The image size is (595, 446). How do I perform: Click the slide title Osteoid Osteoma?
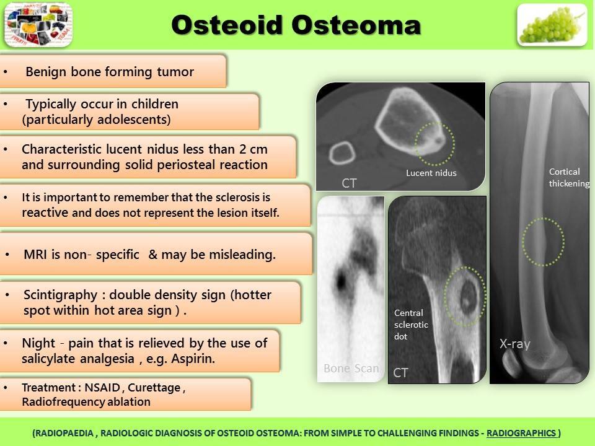point(296,25)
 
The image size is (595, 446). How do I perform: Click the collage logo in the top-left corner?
point(38,25)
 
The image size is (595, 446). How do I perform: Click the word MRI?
point(35,255)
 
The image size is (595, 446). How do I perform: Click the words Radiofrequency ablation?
point(86,401)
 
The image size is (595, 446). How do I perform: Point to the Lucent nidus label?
point(431,173)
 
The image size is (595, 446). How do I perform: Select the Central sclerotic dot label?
point(411,325)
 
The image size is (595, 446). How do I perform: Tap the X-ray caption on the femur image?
point(515,344)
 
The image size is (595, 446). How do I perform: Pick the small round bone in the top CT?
point(341,153)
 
